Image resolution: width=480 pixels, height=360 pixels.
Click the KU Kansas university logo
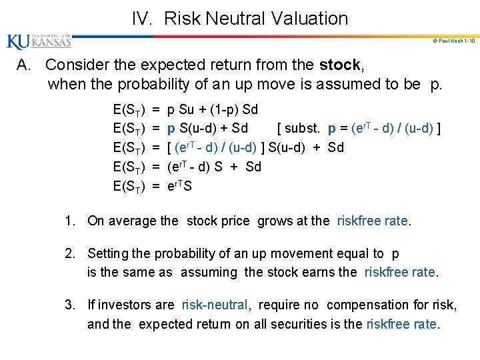(39, 42)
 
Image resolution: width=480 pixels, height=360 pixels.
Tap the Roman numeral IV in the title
(142, 19)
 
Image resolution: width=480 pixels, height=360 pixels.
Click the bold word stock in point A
(341, 65)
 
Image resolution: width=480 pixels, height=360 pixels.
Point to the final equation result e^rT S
(179, 186)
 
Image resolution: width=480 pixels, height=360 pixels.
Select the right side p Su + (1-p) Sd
(212, 109)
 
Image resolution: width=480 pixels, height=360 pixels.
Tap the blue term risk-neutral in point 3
(215, 305)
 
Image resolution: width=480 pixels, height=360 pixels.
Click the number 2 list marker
(69, 253)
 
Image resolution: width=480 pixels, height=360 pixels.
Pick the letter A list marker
(25, 65)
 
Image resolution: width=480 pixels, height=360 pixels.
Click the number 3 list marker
(69, 305)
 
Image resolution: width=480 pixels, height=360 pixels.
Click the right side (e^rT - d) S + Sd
(214, 167)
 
